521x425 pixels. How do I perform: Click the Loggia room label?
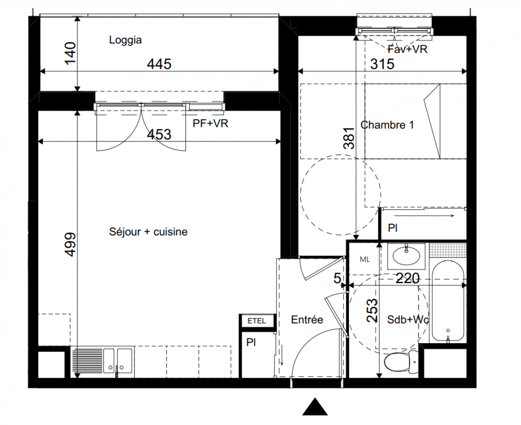click(125, 40)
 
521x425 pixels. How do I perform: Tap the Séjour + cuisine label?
click(148, 232)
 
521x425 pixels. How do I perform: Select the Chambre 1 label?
click(387, 125)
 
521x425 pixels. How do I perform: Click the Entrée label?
click(307, 320)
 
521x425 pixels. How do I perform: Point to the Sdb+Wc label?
click(408, 320)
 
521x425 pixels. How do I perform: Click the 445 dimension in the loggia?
click(159, 64)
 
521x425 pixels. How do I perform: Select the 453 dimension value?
click(159, 134)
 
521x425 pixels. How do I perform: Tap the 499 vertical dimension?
click(71, 244)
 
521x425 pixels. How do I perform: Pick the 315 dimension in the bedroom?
click(382, 64)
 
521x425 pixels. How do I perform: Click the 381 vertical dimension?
click(349, 138)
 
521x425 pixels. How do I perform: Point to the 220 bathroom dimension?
click(408, 278)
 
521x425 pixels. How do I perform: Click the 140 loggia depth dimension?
click(70, 53)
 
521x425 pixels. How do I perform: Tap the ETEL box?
click(257, 321)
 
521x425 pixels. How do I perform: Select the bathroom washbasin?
click(406, 256)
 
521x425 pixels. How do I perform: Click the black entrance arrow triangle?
click(314, 407)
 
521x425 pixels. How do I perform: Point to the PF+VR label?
click(210, 124)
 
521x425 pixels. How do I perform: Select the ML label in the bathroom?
click(365, 260)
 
